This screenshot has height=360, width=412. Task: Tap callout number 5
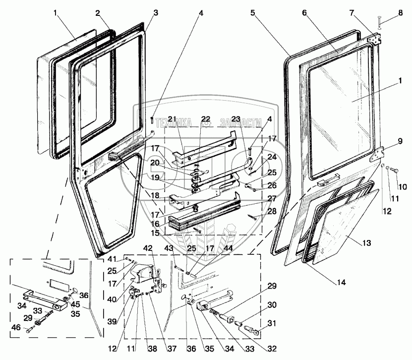click(x=253, y=13)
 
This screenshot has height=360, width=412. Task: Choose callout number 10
click(x=403, y=187)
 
